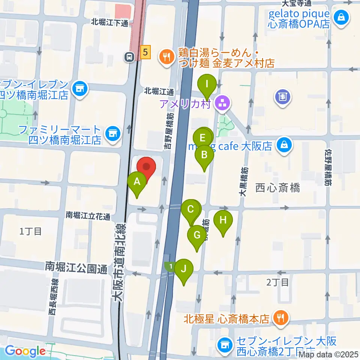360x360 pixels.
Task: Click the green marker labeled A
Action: [137, 182]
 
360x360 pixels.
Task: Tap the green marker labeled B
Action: [204, 155]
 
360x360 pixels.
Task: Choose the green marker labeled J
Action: [184, 269]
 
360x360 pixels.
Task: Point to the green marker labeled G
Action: [196, 235]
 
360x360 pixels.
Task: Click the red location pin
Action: [146, 166]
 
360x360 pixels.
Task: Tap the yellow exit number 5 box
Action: [145, 52]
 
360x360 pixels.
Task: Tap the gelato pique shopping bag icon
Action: [342, 17]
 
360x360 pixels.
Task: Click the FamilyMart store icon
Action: [111, 133]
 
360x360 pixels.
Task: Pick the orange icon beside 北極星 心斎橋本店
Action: [279, 319]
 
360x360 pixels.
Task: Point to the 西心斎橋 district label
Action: [277, 188]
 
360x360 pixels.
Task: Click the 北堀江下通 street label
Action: [109, 22]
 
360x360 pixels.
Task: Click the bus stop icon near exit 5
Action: [129, 57]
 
